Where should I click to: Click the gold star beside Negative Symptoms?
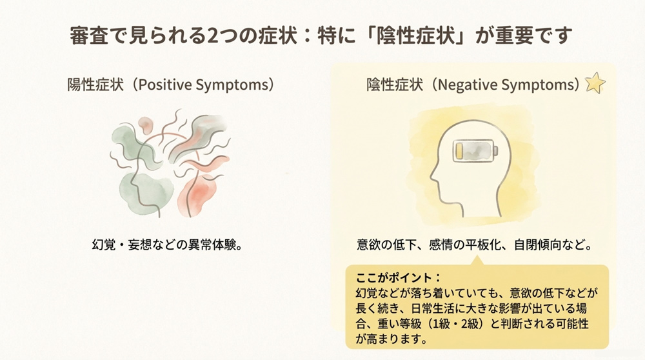[x=595, y=84]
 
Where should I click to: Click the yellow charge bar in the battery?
[x=459, y=152]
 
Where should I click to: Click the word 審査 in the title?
[x=88, y=35]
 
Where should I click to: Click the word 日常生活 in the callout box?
[x=444, y=308]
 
